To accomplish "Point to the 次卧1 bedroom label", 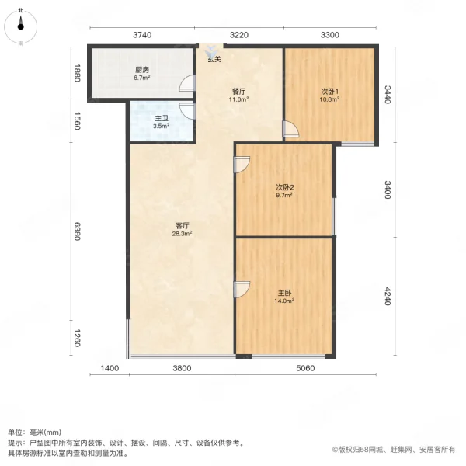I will click(x=329, y=92).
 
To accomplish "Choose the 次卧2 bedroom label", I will click(x=283, y=188).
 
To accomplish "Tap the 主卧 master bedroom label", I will click(x=284, y=294).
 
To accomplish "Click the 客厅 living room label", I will click(x=182, y=226).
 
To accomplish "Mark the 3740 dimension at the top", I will click(x=141, y=34).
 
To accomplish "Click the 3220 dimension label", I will click(x=238, y=34).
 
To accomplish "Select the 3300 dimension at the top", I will click(x=330, y=34).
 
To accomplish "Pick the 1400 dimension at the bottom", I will click(x=109, y=369).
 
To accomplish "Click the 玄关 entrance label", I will click(x=214, y=60).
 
